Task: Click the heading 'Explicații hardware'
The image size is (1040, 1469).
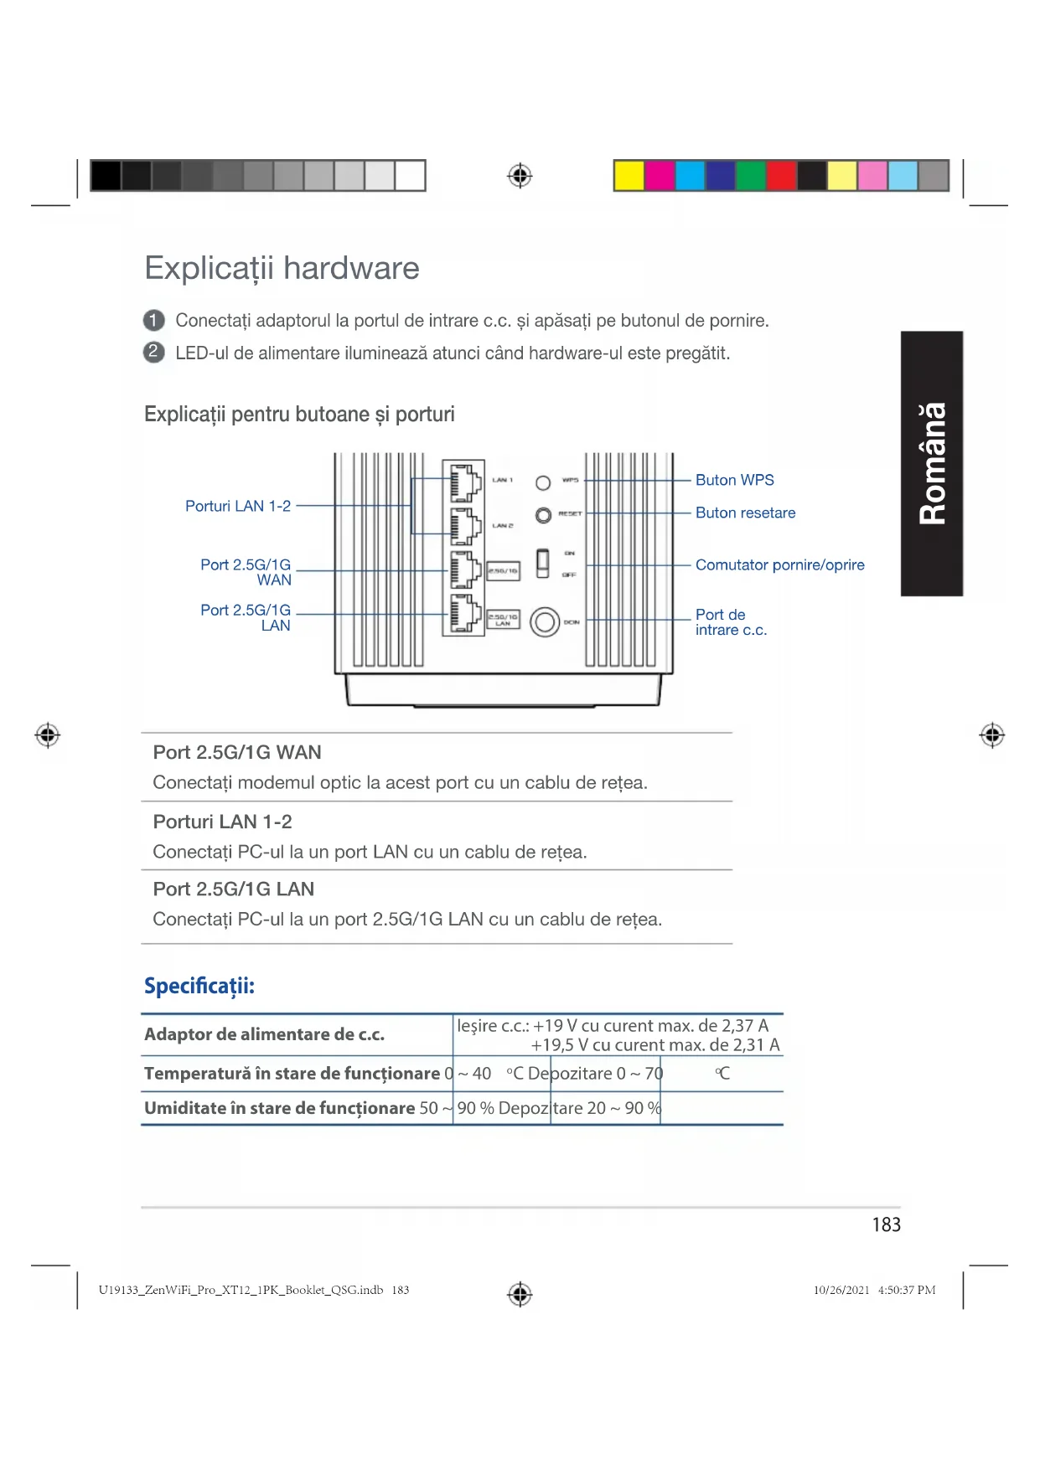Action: tap(282, 269)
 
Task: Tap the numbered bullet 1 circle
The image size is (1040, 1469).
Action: tap(153, 321)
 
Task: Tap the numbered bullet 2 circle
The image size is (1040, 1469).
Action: tap(153, 353)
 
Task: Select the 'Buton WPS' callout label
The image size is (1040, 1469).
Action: tap(734, 480)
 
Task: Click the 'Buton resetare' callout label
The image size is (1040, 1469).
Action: tap(745, 513)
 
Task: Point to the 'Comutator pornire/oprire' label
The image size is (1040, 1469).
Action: tap(779, 564)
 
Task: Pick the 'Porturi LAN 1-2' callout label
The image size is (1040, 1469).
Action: tap(238, 506)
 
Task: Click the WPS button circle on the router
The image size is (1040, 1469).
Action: tap(543, 482)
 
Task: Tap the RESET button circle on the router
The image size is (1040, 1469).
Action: tap(543, 514)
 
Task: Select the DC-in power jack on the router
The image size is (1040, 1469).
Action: tap(545, 621)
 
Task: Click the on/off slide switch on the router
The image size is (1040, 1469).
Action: tap(542, 563)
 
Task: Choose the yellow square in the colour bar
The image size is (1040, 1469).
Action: tap(629, 176)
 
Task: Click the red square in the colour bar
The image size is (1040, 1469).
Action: tap(781, 176)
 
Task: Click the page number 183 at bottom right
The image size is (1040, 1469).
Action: tap(886, 1224)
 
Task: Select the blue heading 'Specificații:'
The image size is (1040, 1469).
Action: tap(199, 986)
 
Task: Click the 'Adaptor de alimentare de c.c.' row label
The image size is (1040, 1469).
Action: tap(264, 1034)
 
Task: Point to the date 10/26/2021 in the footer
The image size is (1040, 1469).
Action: tap(841, 1290)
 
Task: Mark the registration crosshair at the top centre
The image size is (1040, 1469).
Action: tap(520, 176)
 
